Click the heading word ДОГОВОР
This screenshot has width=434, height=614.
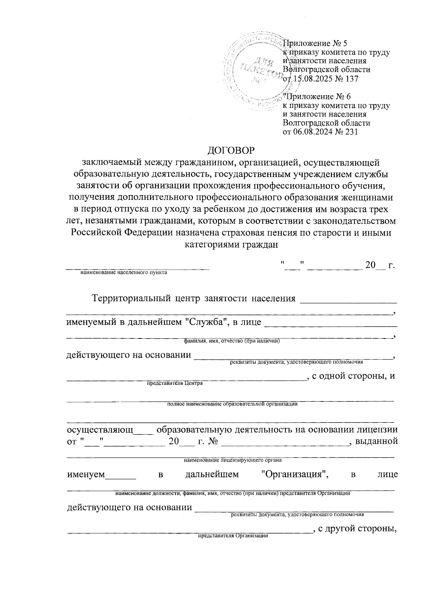tap(231, 149)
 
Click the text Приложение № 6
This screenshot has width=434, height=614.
tap(317, 97)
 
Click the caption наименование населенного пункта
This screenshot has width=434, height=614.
tap(124, 272)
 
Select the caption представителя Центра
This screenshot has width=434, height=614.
tap(175, 383)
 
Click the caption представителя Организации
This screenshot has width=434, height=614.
tap(233, 536)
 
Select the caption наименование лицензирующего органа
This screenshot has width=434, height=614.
tap(233, 460)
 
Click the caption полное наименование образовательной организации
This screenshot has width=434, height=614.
tap(232, 404)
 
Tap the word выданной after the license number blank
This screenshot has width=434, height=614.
tap(377, 441)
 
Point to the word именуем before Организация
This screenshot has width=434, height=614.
tap(86, 474)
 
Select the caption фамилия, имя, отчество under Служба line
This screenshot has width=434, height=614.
tap(232, 341)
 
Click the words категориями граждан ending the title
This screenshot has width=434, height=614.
tap(231, 245)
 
